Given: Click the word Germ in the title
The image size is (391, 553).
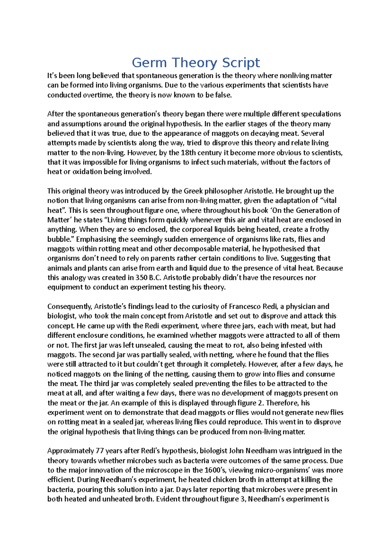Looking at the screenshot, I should tap(145, 63).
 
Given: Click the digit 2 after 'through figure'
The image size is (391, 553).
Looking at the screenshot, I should tap(260, 403).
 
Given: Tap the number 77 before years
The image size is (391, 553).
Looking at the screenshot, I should tap(100, 451).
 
